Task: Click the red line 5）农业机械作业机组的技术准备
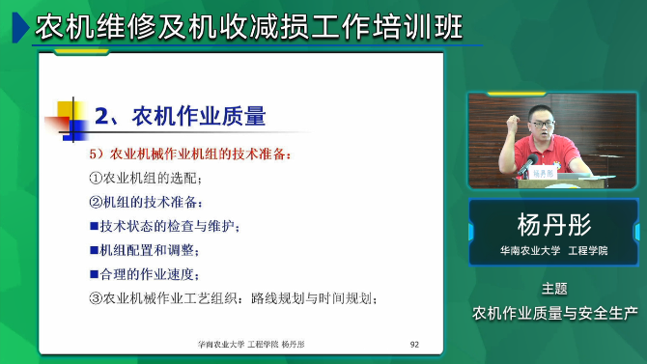coord(188,154)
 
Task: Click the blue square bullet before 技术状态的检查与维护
coord(94,226)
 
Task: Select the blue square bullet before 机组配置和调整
coord(94,250)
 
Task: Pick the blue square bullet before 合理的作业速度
coord(94,274)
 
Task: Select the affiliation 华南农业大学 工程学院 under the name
coord(553,250)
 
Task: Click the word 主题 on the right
coord(553,288)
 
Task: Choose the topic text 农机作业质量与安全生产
coord(554,313)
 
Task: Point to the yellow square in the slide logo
coord(68,108)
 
